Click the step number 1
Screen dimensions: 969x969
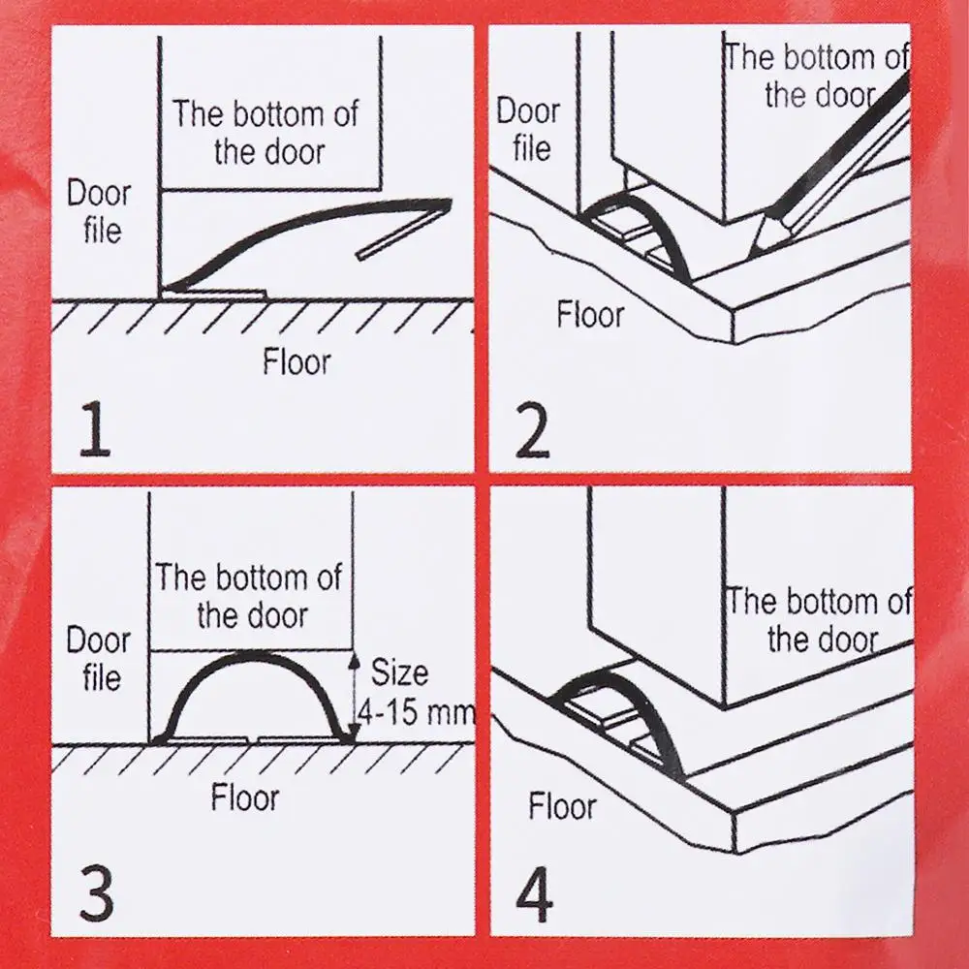96,429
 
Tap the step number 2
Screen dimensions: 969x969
532,431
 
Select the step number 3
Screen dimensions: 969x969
97,893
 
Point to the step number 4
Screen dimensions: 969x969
535,893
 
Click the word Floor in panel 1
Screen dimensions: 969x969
297,362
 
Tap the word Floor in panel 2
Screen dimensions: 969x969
590,315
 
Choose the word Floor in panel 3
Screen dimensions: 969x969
245,797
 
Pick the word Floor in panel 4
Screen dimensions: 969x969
562,806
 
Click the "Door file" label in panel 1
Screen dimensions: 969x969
100,212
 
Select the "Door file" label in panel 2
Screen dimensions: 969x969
529,130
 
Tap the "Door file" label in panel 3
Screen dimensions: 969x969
99,658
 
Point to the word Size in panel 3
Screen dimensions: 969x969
399,673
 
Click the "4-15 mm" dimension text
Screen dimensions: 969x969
417,712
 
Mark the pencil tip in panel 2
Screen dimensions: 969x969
750,256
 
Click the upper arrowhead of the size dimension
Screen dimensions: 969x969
354,663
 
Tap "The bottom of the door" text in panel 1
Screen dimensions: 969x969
266,133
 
